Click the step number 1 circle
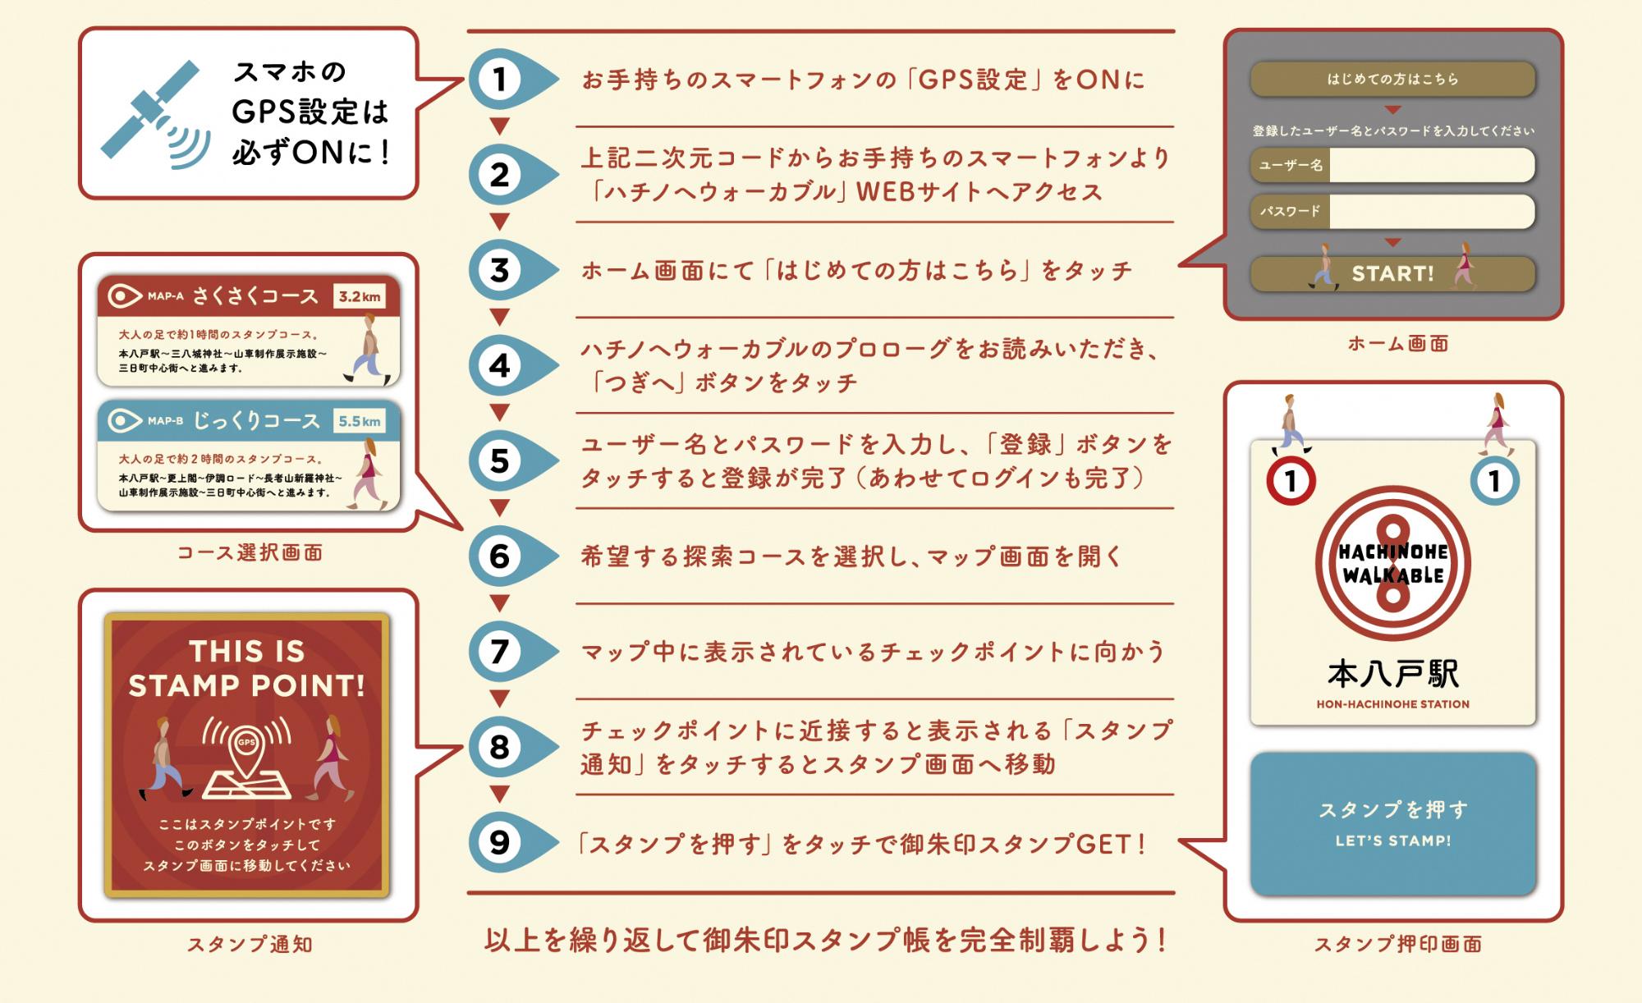pyautogui.click(x=499, y=80)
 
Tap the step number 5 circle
pyautogui.click(x=499, y=460)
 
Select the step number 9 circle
pyautogui.click(x=499, y=842)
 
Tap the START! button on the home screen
pyautogui.click(x=1392, y=273)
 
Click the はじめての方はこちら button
pyautogui.click(x=1392, y=80)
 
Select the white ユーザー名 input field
pyautogui.click(x=1431, y=165)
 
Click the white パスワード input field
pyautogui.click(x=1431, y=212)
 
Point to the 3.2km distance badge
pyautogui.click(x=360, y=296)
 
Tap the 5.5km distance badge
pyautogui.click(x=360, y=421)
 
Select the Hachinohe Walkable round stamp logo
pyautogui.click(x=1392, y=563)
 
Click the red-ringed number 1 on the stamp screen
pyautogui.click(x=1291, y=481)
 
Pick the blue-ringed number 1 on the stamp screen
pyautogui.click(x=1494, y=481)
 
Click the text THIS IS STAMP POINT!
pyautogui.click(x=246, y=668)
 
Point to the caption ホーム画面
pyautogui.click(x=1397, y=344)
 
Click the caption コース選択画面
pyautogui.click(x=250, y=552)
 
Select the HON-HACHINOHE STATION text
pyautogui.click(x=1392, y=704)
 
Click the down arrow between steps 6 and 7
pyautogui.click(x=499, y=603)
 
